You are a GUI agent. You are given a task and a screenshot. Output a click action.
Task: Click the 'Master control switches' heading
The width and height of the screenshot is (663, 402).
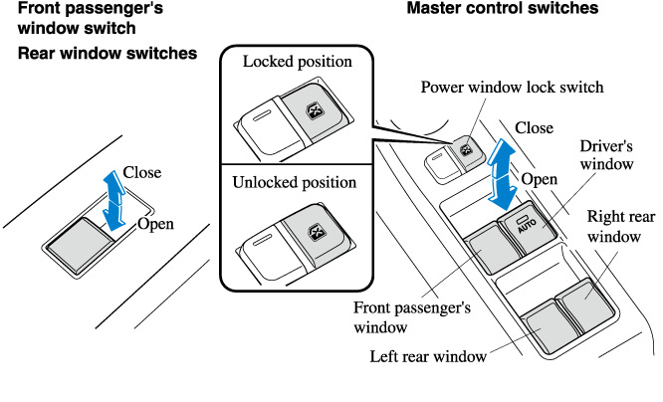click(x=502, y=9)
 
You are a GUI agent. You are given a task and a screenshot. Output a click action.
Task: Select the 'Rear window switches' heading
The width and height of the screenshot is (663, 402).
click(x=107, y=53)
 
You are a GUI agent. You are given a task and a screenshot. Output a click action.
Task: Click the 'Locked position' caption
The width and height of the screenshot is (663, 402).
click(x=298, y=62)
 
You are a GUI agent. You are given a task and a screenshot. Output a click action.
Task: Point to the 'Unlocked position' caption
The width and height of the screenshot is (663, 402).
click(x=294, y=183)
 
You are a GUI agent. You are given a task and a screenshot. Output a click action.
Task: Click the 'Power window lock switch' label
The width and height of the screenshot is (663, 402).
click(x=512, y=87)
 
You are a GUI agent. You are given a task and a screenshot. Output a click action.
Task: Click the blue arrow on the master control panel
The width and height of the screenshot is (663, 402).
click(x=505, y=169)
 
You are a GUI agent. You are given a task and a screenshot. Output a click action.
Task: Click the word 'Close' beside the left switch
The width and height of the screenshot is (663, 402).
click(x=142, y=172)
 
